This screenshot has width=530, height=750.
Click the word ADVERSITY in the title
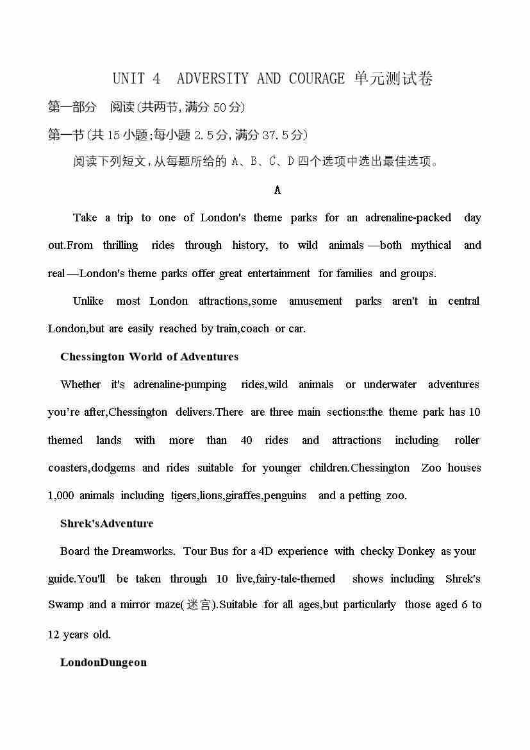(x=212, y=79)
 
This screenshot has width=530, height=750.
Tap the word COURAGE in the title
(x=317, y=79)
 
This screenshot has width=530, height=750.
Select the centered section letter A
(x=277, y=190)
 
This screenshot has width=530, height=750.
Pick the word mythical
(x=431, y=245)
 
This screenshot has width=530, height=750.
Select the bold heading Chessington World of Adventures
(x=149, y=357)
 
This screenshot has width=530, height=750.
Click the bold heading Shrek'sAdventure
(x=107, y=524)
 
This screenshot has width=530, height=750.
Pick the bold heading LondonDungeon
(x=103, y=662)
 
